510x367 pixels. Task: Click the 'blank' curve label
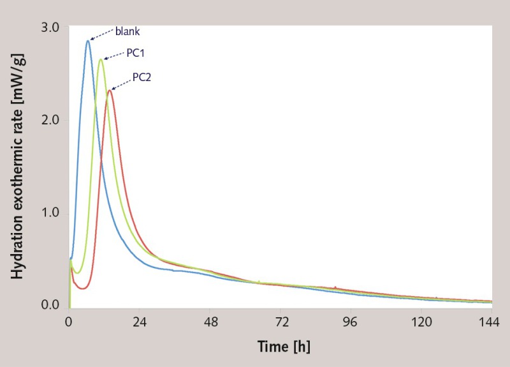tap(127, 30)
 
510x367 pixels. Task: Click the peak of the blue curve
tap(88, 41)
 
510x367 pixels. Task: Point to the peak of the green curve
tap(101, 59)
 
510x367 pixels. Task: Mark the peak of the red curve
tap(110, 90)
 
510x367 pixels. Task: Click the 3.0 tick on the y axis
tap(50, 27)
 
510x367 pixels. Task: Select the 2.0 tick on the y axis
tap(50, 120)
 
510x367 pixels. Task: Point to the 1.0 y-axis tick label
tap(50, 213)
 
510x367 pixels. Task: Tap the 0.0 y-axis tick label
tap(50, 305)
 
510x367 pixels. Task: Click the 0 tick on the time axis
tap(69, 322)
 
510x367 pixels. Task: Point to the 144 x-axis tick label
tap(490, 322)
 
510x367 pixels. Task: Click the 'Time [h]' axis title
tap(283, 347)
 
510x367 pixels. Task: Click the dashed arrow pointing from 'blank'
tap(101, 34)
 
